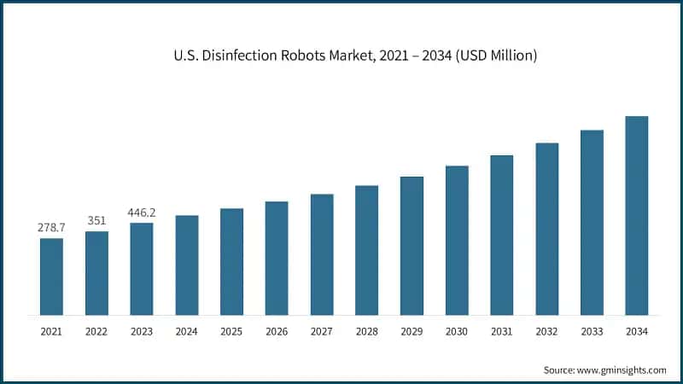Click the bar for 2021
(51, 276)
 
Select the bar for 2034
(636, 215)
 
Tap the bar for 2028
(366, 250)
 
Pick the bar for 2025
(231, 261)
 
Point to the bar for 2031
(501, 235)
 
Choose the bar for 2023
(142, 269)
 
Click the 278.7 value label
(51, 228)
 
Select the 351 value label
(96, 221)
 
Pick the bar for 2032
(546, 229)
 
